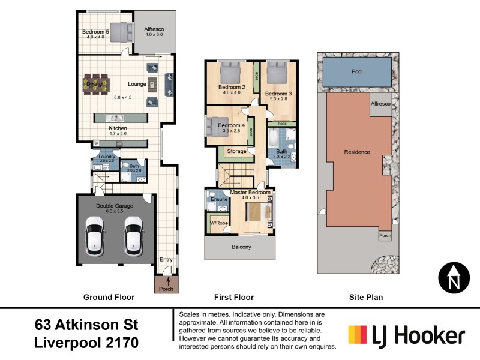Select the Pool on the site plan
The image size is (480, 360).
tap(357, 71)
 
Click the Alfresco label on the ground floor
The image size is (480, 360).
tap(154, 29)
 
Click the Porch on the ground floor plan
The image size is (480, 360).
tap(166, 286)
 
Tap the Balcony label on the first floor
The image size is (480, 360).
tap(241, 247)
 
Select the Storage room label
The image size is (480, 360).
tap(236, 151)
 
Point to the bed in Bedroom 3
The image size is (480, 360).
tap(278, 74)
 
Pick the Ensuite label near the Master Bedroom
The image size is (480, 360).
tap(220, 199)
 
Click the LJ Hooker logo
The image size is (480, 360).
tap(406, 335)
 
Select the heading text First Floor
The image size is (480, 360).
tap(234, 297)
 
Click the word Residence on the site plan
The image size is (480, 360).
tap(357, 152)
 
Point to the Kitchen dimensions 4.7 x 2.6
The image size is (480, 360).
tap(118, 134)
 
